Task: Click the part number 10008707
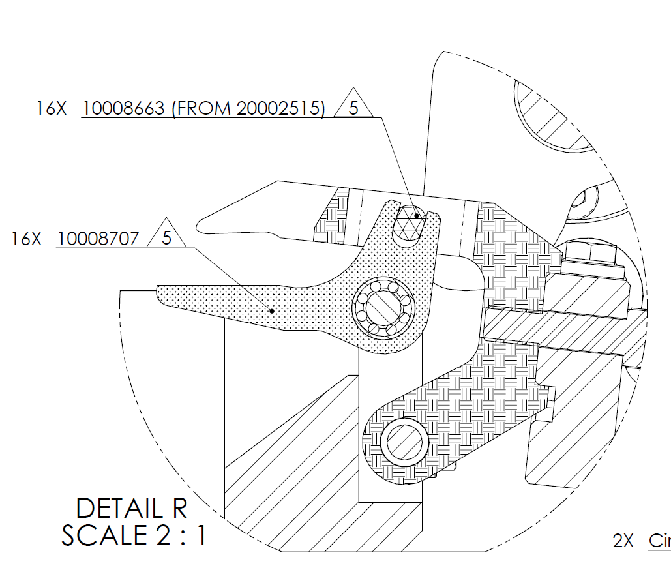(98, 239)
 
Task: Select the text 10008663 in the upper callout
(124, 108)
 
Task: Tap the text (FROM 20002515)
(248, 108)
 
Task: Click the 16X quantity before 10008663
(52, 108)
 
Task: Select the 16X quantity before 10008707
(27, 239)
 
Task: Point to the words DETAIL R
(132, 508)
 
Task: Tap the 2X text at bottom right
(623, 541)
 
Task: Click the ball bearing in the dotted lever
(383, 307)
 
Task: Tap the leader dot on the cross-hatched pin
(416, 215)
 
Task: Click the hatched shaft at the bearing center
(383, 308)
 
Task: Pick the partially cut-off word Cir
(659, 541)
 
